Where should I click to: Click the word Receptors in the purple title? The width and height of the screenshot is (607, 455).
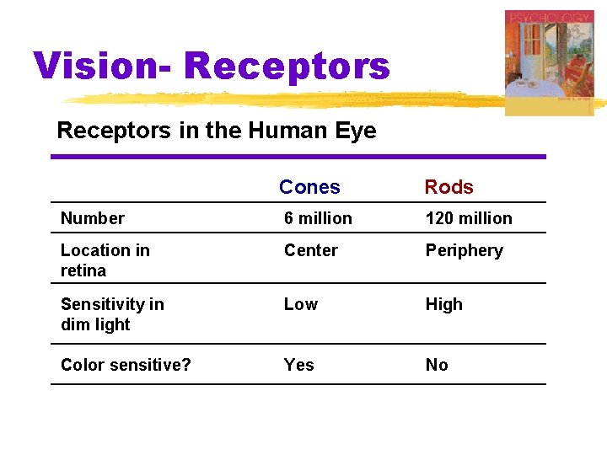[287, 66]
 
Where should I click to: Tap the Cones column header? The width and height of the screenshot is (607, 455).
[309, 187]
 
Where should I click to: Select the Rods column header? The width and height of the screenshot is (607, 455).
[449, 187]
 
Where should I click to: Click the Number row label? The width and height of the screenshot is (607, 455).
[93, 218]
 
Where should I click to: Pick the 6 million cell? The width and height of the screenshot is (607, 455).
[318, 218]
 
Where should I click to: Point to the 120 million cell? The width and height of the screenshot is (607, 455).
[469, 218]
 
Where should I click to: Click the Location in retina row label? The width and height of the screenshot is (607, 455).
[105, 260]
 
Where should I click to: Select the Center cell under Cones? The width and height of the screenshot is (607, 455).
[310, 250]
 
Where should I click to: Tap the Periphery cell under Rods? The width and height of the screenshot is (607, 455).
[464, 250]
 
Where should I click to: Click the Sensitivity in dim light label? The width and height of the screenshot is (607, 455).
[112, 314]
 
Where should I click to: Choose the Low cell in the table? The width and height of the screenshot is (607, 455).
[301, 304]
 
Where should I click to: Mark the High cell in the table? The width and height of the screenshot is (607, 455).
[443, 304]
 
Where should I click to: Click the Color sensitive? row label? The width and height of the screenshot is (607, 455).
[126, 365]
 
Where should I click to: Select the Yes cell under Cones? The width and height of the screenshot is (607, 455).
[298, 365]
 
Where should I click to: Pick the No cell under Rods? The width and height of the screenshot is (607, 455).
[437, 365]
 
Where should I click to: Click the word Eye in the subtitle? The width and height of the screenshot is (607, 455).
[357, 131]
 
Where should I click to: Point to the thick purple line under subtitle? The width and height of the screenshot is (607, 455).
[298, 157]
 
